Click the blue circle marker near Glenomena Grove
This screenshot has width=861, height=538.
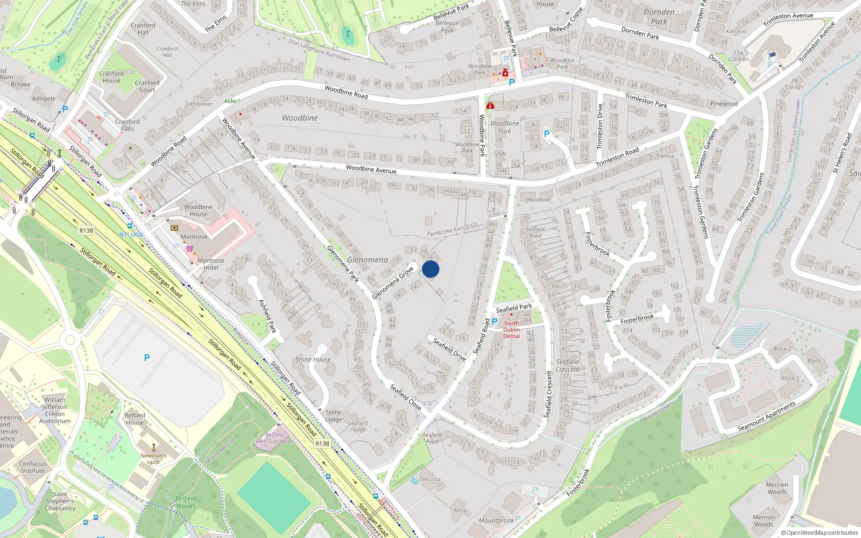430,269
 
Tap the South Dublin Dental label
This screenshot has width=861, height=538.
511,330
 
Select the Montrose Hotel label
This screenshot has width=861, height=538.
210,264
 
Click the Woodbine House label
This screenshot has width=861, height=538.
198,210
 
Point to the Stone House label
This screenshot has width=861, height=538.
313,359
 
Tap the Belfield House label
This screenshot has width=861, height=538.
135,419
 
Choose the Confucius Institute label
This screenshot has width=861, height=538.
33,467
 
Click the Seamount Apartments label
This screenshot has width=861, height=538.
766,416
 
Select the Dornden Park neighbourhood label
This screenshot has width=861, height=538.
659,17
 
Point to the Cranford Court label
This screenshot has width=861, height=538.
147,86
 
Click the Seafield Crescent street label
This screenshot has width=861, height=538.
548,393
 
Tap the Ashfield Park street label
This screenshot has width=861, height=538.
267,316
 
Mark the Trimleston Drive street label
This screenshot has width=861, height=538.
600,126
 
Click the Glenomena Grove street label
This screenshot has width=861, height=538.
393,282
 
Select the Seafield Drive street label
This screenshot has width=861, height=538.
449,349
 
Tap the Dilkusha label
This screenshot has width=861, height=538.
429,479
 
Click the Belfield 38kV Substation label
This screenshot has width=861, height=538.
274,438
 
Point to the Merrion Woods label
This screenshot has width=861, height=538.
777,488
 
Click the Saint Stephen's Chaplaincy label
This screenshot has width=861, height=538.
60,501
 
